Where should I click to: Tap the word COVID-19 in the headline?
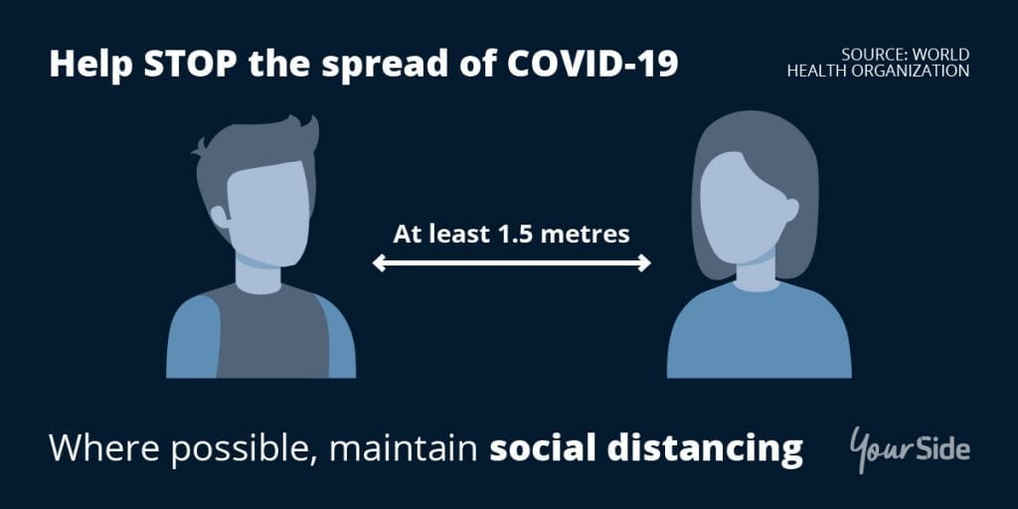(593, 65)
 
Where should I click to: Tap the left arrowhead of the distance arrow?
(379, 262)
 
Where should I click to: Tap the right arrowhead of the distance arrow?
(643, 262)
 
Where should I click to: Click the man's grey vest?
(271, 334)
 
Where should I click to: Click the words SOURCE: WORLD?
(905, 55)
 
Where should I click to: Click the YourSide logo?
(910, 448)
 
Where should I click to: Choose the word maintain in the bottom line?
(404, 447)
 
